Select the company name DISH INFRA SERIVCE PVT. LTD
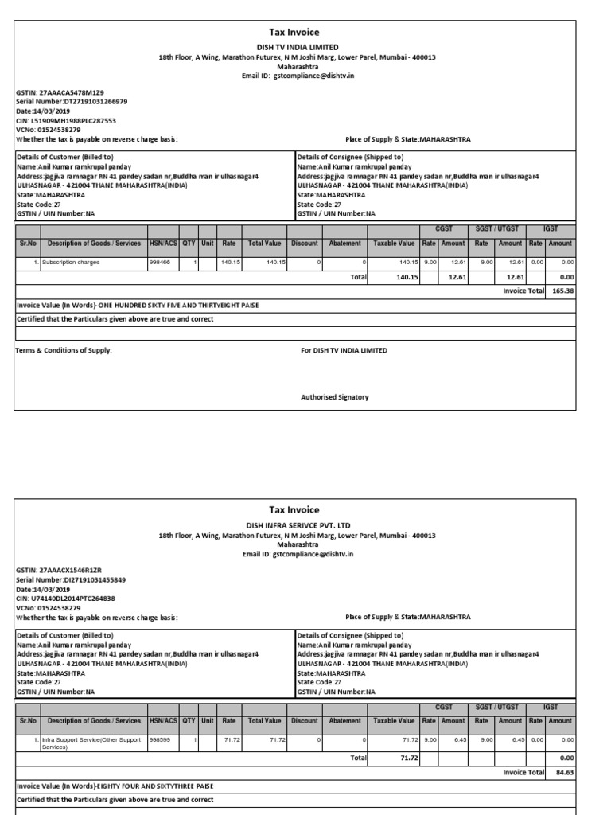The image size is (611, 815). [297, 525]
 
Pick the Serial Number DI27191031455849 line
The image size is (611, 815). [71, 579]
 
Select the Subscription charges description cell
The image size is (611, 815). [71, 262]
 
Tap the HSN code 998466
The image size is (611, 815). [161, 262]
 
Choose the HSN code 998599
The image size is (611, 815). [161, 739]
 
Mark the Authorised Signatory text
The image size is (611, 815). [334, 396]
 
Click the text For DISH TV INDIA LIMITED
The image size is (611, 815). [344, 349]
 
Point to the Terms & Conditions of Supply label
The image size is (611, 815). [64, 349]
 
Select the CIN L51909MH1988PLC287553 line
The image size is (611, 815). [66, 120]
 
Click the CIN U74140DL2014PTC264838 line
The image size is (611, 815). [65, 598]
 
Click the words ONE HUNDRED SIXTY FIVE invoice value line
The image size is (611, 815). [137, 306]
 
